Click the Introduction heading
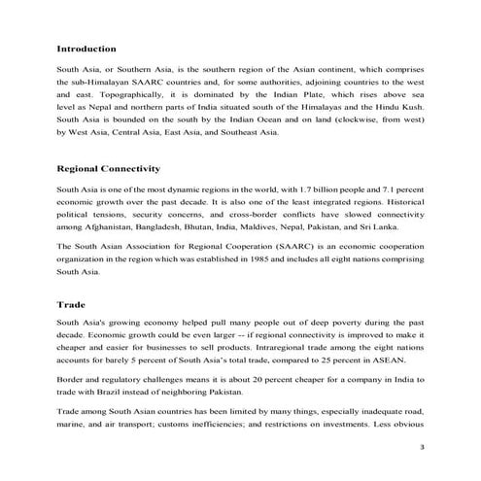(x=86, y=48)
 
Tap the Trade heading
(x=71, y=303)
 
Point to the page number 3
(x=421, y=446)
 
